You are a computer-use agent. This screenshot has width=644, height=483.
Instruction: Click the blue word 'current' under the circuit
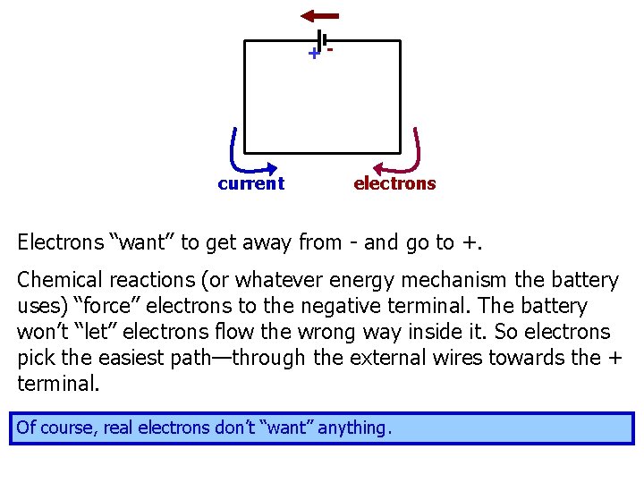point(250,183)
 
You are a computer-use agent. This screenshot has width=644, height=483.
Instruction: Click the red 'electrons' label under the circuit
point(394,183)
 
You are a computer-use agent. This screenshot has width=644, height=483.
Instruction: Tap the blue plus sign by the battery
point(313,55)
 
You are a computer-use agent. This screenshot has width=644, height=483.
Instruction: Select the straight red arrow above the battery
point(319,15)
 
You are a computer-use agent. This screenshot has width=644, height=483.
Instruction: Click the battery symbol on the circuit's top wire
point(322,40)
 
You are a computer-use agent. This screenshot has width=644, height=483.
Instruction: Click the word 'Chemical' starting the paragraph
point(55,280)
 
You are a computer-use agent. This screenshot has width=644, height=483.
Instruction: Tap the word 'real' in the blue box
point(117,428)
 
